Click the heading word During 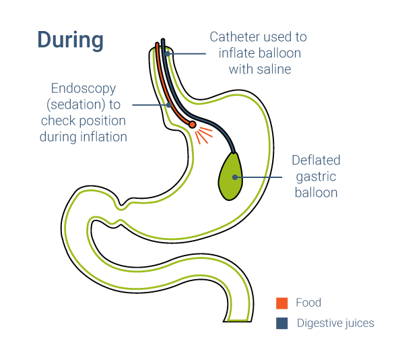(70, 40)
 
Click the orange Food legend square (282, 303)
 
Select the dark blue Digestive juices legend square (282, 323)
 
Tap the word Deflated (316, 160)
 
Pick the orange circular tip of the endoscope (193, 125)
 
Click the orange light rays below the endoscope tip (203, 134)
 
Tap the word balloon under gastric (316, 193)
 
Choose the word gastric (316, 177)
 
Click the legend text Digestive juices (335, 323)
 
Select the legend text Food (308, 303)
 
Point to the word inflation (105, 137)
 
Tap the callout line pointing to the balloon (263, 177)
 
